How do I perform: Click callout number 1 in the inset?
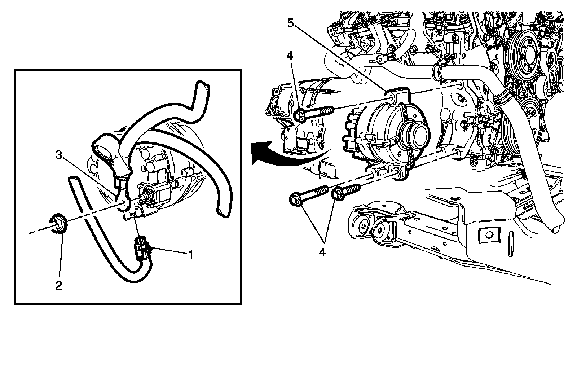[x=190, y=255]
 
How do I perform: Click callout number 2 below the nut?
[x=58, y=285]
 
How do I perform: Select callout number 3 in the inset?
[x=59, y=155]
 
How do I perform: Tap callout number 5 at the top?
[x=291, y=23]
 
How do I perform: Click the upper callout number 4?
[x=290, y=56]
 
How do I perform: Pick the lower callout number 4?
[x=322, y=253]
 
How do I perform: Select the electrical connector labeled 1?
[x=141, y=248]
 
